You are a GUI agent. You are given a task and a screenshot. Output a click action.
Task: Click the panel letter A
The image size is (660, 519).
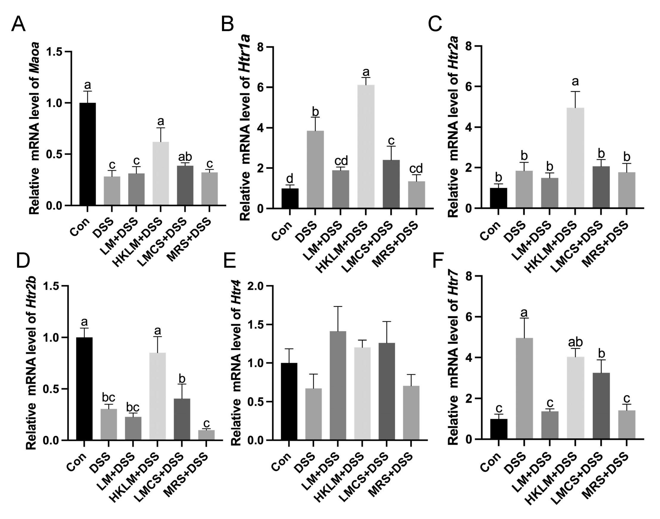18,24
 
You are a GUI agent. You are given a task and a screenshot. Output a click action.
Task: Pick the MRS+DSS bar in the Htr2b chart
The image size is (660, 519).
206,435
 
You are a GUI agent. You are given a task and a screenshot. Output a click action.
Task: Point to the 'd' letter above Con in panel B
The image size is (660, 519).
290,178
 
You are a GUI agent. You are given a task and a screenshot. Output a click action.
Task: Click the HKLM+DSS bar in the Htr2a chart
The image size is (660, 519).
576,158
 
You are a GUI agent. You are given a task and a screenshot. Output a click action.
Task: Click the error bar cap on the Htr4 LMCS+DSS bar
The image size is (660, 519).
387,321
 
